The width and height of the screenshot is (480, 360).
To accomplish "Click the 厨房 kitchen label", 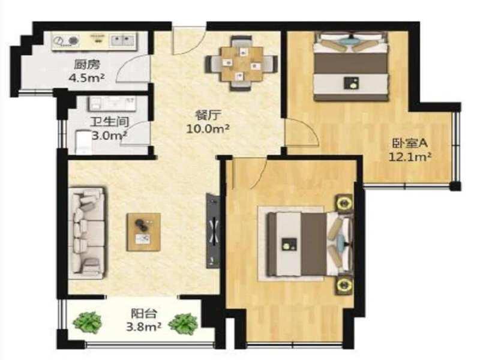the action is (87, 65).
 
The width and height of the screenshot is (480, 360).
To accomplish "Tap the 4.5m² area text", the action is (86, 78).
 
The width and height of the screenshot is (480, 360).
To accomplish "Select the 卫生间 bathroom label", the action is (109, 122).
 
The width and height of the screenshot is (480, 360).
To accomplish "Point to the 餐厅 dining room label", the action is (208, 115).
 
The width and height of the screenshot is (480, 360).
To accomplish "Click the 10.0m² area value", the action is (208, 128).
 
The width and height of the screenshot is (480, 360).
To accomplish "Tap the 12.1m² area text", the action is (410, 157).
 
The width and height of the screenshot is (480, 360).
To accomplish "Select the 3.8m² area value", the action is (144, 327).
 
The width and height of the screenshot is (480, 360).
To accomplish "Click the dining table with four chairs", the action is (242, 64).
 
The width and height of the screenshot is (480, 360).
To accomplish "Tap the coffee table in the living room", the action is (144, 232).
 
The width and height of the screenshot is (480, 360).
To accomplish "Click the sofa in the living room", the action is (87, 233).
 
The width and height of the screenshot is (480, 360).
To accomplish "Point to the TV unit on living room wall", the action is (213, 230).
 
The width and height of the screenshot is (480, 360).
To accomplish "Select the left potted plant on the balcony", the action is (88, 322).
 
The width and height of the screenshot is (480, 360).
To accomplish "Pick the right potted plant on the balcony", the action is (183, 323).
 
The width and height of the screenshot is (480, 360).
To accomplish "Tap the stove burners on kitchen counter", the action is (66, 41).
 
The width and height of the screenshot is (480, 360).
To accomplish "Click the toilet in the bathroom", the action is (83, 142).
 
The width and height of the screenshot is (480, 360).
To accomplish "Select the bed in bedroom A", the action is (351, 67).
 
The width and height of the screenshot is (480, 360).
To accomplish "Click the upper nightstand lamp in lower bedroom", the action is (344, 202).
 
